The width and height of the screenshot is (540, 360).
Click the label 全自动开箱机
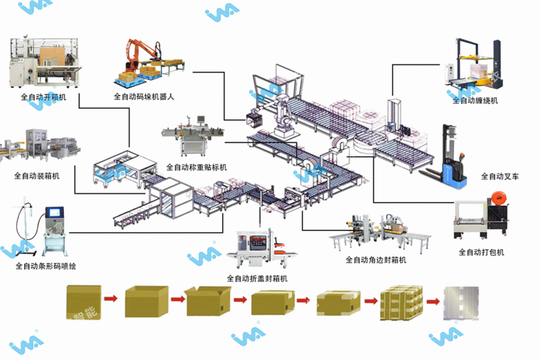[44, 96]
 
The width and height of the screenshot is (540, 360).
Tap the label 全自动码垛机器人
[144, 96]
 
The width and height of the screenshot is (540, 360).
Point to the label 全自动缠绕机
[475, 100]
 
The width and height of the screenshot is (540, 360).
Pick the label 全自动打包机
[481, 252]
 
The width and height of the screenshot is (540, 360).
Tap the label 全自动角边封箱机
[376, 260]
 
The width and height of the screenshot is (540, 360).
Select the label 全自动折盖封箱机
[257, 278]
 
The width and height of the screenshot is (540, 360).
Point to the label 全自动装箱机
[37, 176]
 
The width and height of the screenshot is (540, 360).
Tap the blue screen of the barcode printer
[55, 212]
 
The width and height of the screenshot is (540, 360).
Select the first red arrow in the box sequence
[110, 298]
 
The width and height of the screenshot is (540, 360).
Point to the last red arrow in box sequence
[431, 299]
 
